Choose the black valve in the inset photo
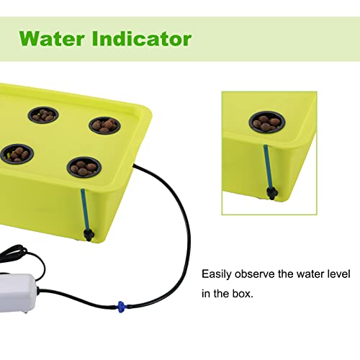point(271,192)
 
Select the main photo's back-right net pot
point(104,125)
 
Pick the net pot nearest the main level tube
point(84,168)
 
